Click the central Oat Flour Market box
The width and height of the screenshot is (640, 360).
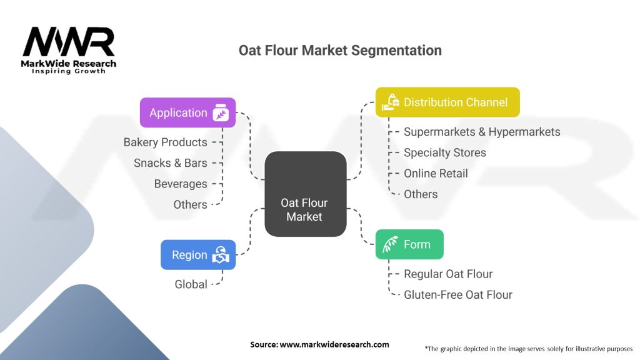point(305,194)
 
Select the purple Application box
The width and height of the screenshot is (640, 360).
point(187,112)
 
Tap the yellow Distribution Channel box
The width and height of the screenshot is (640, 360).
point(447,102)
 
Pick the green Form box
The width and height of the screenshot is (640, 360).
point(409,244)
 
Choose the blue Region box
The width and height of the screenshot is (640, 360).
point(197,255)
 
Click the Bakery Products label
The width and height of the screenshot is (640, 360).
point(165,142)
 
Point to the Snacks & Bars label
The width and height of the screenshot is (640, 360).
point(170,163)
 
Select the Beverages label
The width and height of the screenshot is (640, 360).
point(181,184)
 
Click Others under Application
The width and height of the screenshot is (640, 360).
point(190,204)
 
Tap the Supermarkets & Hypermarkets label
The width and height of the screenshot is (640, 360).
point(482,131)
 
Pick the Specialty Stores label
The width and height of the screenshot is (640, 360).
point(444,152)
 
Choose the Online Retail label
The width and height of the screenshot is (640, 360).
point(436,173)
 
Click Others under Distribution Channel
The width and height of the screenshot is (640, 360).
point(421,194)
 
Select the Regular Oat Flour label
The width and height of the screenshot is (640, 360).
point(448,274)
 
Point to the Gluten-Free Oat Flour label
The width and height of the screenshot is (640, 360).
point(458,294)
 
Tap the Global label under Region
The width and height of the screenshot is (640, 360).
point(191,284)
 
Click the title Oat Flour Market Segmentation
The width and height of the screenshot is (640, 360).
point(340,50)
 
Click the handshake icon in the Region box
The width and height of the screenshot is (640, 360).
point(221,255)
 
